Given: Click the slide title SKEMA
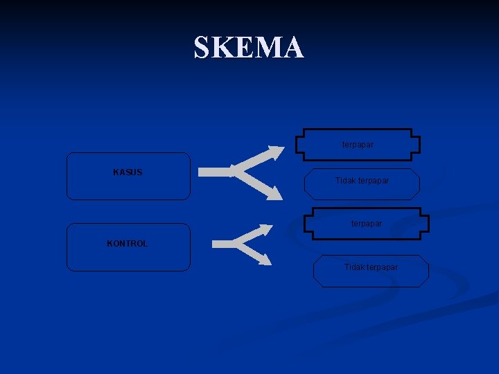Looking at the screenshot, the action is point(249,47).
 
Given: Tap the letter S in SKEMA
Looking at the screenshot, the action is point(202,48).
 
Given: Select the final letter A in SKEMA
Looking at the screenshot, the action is point(293,48).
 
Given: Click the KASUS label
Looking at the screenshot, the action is point(128,172).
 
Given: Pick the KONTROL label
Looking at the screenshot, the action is point(127,244).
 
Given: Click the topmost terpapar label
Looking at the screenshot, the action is point(358,145).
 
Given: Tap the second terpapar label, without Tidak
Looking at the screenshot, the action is point(366,224).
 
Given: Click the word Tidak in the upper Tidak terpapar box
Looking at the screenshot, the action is point(345,181).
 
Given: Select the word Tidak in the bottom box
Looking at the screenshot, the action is point(354,267).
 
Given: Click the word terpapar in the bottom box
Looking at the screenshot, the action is point(382,267).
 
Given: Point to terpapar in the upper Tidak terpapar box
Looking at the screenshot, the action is point(373,181).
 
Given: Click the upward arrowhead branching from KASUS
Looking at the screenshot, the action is point(277,152).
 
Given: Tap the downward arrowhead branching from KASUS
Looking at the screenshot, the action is point(275,195).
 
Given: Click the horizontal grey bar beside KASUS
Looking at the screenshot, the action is point(215,171).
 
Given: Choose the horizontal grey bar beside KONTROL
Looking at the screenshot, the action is point(225,243).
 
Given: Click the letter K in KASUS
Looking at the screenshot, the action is point(116,172).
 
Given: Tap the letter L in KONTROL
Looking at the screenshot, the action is point(145,244).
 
